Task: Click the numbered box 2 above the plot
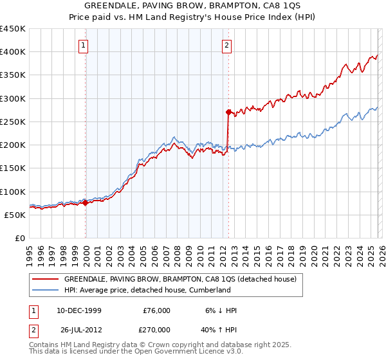(x=228, y=45)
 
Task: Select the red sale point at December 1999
(x=86, y=203)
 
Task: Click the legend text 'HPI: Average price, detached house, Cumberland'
(x=147, y=291)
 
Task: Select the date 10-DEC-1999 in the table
(x=78, y=310)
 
